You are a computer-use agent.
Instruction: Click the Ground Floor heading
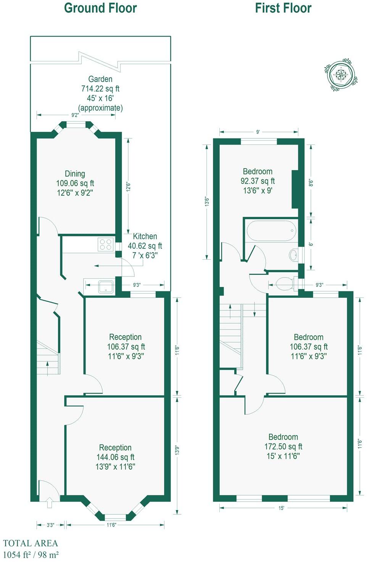click(100, 8)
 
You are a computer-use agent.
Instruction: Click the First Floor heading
click(283, 8)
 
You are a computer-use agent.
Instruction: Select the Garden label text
click(100, 79)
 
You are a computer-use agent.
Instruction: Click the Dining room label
click(75, 174)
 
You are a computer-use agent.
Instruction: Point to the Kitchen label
click(145, 236)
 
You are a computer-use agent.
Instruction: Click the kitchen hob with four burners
click(106, 244)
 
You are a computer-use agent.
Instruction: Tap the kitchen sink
click(106, 287)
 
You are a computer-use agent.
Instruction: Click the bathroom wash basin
click(293, 255)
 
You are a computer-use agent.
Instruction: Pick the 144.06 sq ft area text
click(115, 457)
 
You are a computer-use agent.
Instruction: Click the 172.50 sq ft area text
click(283, 446)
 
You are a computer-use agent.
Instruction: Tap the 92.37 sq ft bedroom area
click(258, 181)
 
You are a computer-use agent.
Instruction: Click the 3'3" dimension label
click(50, 525)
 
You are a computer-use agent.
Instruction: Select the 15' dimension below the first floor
click(281, 508)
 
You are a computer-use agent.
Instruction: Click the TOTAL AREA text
click(31, 543)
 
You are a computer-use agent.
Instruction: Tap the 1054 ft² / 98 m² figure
click(31, 555)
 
